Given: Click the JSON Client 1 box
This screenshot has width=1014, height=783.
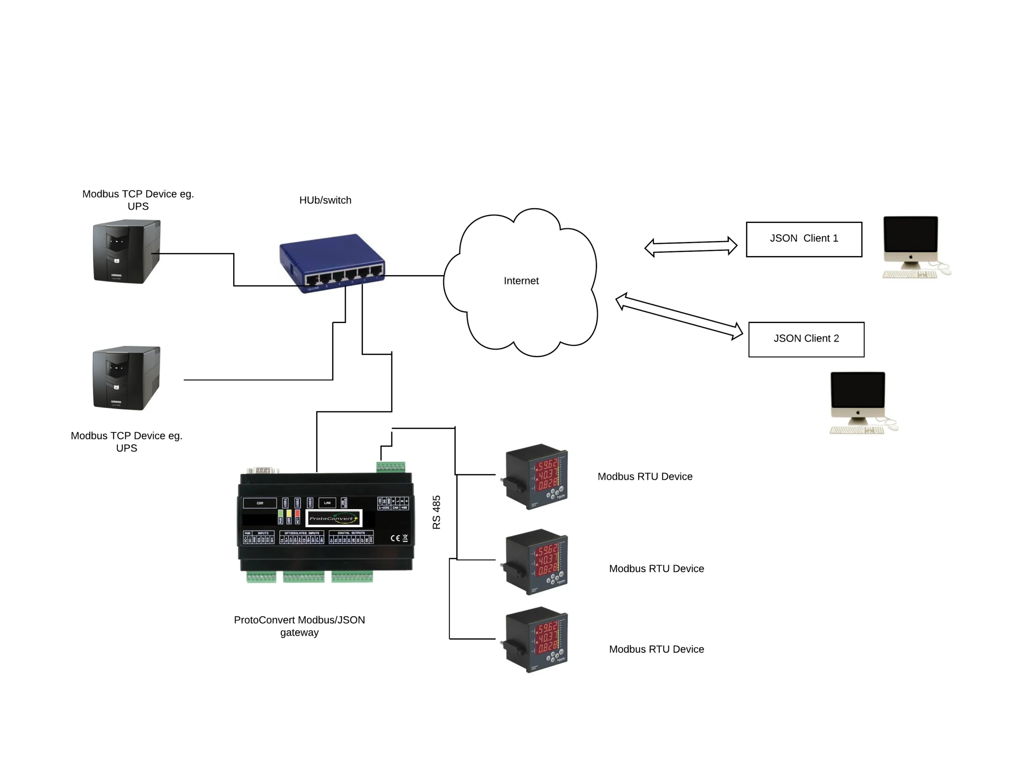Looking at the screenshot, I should [x=804, y=239].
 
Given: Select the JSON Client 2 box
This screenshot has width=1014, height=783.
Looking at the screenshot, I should [x=806, y=339].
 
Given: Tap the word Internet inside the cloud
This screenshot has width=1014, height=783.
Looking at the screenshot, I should [x=521, y=281].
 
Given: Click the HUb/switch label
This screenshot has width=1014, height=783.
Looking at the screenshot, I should [x=325, y=200].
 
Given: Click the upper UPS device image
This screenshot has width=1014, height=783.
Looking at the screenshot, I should [x=126, y=251].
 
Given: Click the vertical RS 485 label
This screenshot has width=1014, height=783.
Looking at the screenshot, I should [x=436, y=512].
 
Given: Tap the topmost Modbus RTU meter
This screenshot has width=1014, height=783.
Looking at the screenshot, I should [x=536, y=477].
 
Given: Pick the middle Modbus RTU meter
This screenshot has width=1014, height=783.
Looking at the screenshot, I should [x=536, y=562].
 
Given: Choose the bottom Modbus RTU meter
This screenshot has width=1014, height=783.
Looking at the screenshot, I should [x=536, y=640].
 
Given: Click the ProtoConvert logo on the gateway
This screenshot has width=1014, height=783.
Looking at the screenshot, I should [x=334, y=518].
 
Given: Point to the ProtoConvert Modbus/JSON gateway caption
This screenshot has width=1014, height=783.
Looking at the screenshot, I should [x=299, y=626].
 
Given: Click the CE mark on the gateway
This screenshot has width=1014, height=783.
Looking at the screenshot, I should [x=395, y=538].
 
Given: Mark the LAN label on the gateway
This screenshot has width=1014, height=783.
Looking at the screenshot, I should [x=327, y=503].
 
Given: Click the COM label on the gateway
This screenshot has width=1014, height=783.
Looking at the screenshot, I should [x=259, y=503].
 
